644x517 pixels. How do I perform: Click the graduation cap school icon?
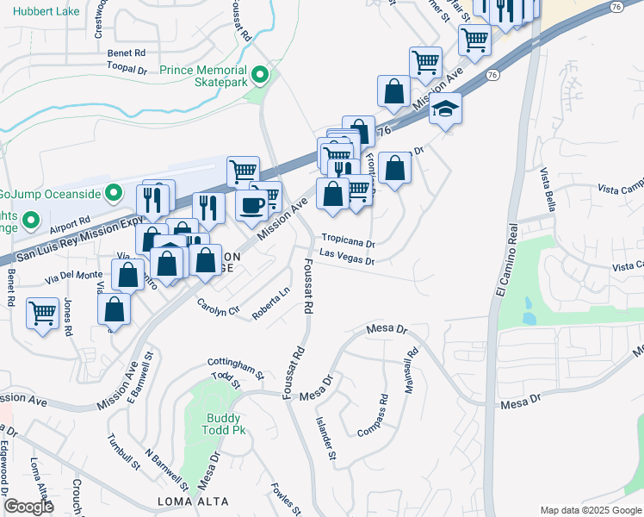[x=446, y=109]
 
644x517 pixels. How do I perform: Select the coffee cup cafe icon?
[x=251, y=205]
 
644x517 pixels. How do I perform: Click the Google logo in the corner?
[x=28, y=507]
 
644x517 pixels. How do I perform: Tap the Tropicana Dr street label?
[x=349, y=243]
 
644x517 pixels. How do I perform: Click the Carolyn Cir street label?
[x=217, y=307]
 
